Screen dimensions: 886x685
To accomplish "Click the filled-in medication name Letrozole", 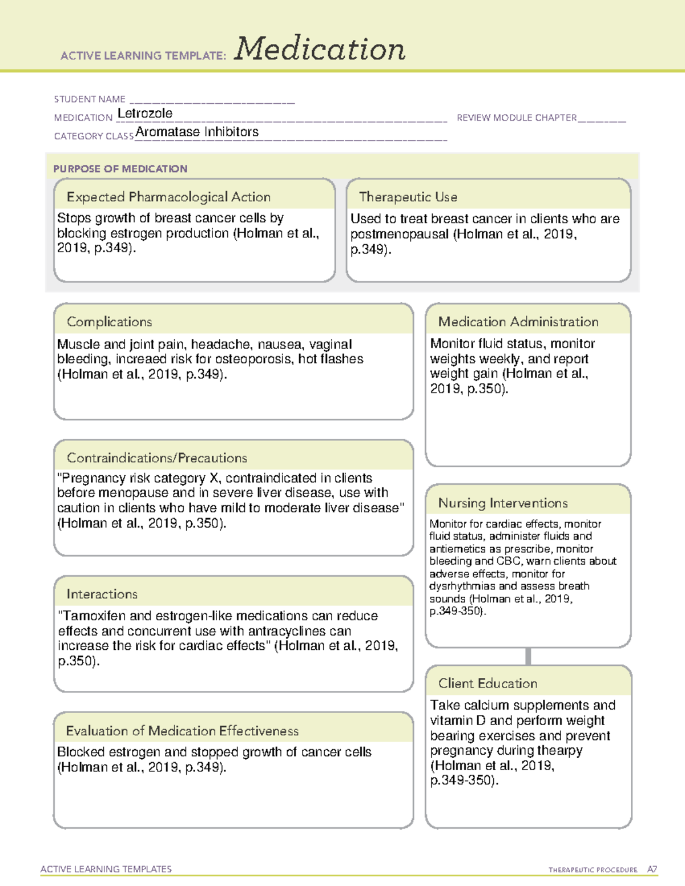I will [x=145, y=114].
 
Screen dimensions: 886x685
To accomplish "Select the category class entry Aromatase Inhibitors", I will [x=197, y=132].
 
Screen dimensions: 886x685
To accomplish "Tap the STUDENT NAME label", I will [x=90, y=99].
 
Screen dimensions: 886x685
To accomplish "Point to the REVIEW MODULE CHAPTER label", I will [x=517, y=118].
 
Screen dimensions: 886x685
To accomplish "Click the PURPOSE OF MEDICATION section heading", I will [x=120, y=169].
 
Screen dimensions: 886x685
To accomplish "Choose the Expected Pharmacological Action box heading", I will [x=168, y=197].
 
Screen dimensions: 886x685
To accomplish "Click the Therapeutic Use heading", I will [x=408, y=197].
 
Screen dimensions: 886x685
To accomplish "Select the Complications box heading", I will [x=110, y=322].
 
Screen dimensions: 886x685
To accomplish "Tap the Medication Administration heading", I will [x=518, y=322].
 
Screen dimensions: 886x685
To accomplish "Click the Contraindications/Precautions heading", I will [x=157, y=458].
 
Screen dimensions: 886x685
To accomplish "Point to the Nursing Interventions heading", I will [x=503, y=503].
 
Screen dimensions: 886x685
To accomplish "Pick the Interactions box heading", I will [x=102, y=594].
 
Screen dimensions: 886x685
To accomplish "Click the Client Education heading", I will [x=487, y=683].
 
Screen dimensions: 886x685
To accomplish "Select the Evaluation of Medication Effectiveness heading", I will [x=182, y=731].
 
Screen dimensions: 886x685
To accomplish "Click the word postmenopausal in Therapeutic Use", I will [x=400, y=234].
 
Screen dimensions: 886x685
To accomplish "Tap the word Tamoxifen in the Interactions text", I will [x=92, y=616].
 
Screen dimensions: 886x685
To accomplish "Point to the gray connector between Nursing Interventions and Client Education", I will [x=528, y=656].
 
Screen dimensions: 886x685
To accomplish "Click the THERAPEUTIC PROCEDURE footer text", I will [x=593, y=870].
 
